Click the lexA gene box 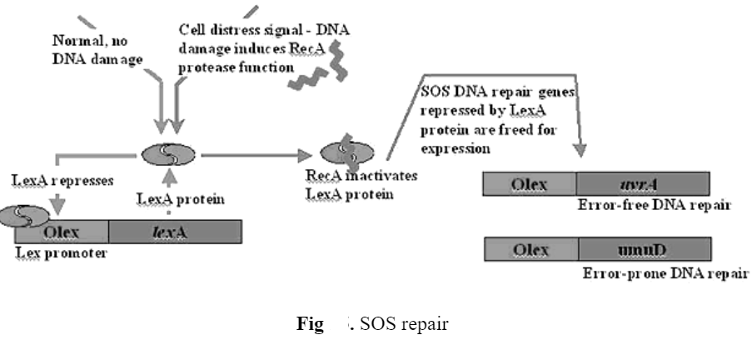tap(175, 231)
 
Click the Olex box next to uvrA tap(530, 183)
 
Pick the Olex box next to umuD tap(530, 249)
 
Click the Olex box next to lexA tap(71, 231)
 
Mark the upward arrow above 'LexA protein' tap(169, 178)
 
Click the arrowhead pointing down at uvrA tap(580, 152)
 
